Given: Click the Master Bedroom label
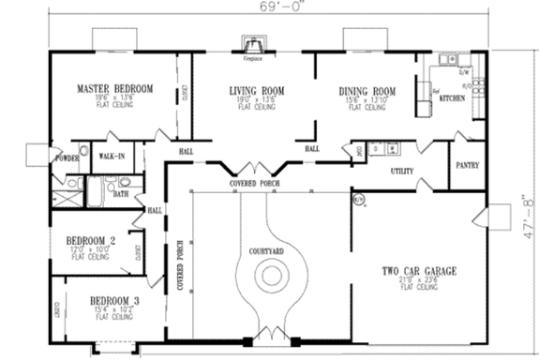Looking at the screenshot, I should (x=113, y=91).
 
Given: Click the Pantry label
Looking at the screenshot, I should (x=468, y=166).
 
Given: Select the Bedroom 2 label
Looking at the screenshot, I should (x=91, y=242).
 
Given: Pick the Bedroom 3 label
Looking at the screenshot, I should (x=113, y=302).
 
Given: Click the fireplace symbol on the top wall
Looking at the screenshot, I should (x=252, y=45).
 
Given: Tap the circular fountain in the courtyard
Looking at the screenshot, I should (x=271, y=276).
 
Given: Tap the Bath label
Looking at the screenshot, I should (x=121, y=194).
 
